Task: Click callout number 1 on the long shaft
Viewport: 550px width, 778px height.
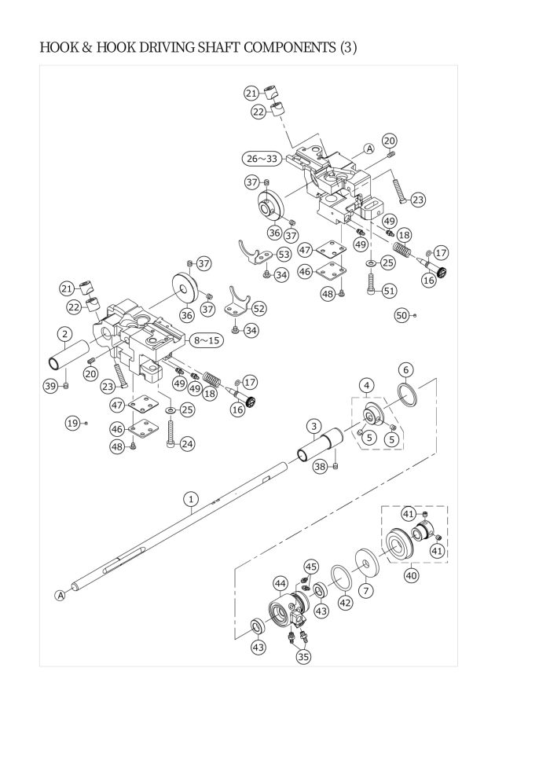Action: coord(191,499)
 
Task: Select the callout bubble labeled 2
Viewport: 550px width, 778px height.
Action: coord(65,335)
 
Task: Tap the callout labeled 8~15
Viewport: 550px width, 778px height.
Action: coord(207,340)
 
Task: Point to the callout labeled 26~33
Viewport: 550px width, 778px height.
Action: coord(262,159)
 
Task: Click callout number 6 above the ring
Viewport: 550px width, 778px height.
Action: coord(406,369)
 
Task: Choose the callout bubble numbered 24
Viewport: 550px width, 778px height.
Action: coord(187,443)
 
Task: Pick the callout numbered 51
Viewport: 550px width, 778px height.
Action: coord(390,290)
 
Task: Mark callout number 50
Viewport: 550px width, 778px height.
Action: coord(401,315)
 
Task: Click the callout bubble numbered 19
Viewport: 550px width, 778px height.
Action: coord(73,424)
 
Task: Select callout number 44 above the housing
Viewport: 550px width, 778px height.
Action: coord(280,583)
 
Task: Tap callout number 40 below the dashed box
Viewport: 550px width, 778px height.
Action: coord(412,575)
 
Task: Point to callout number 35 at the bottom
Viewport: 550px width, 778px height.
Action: coord(303,656)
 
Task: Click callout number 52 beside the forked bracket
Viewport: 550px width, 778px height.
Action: coord(258,309)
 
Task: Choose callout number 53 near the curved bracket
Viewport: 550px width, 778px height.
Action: coord(284,255)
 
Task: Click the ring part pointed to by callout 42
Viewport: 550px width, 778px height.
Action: coord(341,578)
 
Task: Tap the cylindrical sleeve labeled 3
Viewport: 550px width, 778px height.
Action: coord(321,442)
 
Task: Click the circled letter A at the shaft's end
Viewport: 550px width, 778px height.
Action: coord(60,595)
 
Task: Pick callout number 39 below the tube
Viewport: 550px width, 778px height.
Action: coord(50,386)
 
